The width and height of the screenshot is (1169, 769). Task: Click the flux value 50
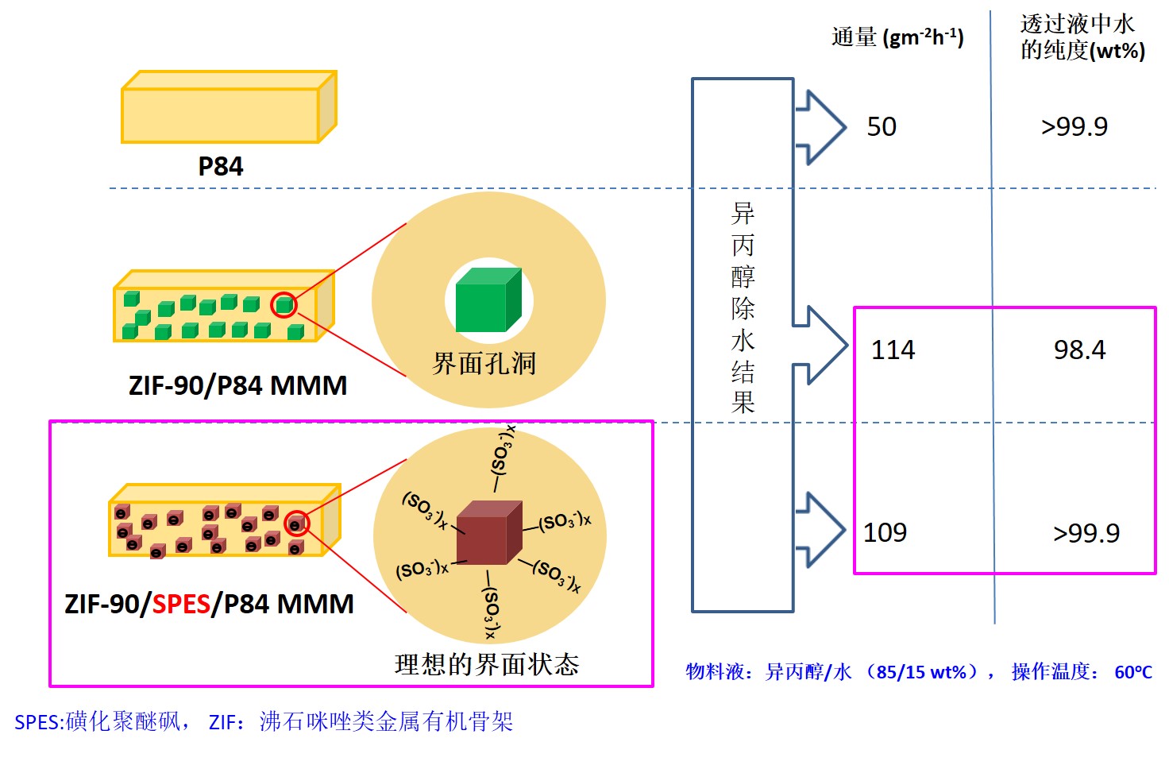882,127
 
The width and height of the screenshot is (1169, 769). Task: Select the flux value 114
893,350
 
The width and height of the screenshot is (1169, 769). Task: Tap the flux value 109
885,532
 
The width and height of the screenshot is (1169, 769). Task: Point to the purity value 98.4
1079,350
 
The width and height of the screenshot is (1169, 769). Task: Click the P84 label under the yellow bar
220,167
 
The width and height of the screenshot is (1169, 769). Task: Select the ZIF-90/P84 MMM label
237,386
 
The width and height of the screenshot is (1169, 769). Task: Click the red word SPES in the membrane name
181,605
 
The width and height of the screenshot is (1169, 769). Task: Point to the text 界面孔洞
484,364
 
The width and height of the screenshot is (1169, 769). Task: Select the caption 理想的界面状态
487,664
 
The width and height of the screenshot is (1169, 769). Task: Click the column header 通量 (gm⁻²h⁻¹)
897,37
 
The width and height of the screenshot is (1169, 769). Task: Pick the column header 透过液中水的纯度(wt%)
1082,37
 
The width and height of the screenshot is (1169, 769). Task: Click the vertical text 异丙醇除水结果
743,308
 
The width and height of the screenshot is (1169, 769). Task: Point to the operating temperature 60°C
1133,673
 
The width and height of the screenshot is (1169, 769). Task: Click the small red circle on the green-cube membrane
284,305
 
